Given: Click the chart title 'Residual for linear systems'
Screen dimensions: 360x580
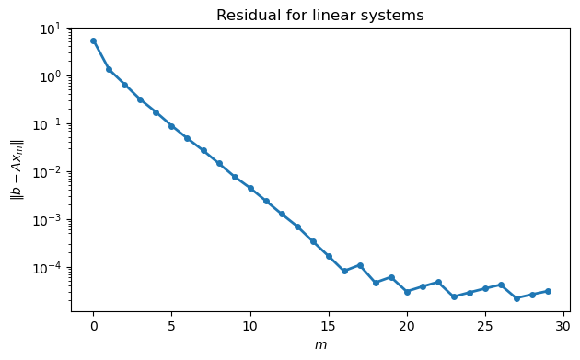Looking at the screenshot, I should (x=319, y=15).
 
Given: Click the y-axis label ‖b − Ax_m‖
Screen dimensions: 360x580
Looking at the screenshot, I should (x=17, y=169).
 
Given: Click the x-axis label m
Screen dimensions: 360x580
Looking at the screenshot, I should (x=319, y=344).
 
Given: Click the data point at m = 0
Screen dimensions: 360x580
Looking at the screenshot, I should (x=93, y=41).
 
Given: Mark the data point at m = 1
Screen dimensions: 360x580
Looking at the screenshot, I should (x=109, y=69).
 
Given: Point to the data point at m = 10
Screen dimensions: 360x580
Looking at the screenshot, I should (x=250, y=188).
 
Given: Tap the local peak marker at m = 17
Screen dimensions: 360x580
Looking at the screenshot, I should (x=360, y=265).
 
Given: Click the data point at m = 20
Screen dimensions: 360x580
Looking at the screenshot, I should (x=407, y=292).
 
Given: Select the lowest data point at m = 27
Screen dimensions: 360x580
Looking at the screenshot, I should (x=516, y=298).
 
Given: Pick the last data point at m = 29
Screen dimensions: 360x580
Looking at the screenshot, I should (x=548, y=291).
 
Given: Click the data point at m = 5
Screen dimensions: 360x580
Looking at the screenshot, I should (x=171, y=126).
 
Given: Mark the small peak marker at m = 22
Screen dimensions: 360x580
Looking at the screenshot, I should (x=438, y=282).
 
